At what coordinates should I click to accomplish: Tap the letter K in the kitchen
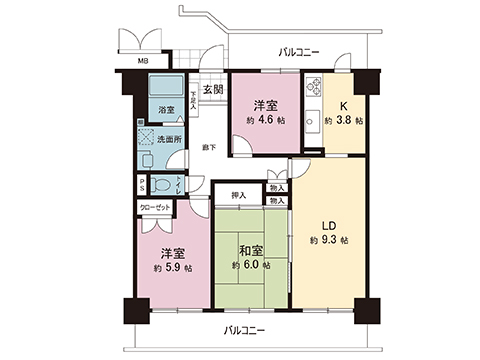click(343, 103)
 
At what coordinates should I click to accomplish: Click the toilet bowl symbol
click(168, 186)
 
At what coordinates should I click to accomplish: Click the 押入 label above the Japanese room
click(239, 196)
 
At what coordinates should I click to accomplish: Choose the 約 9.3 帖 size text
click(329, 241)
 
